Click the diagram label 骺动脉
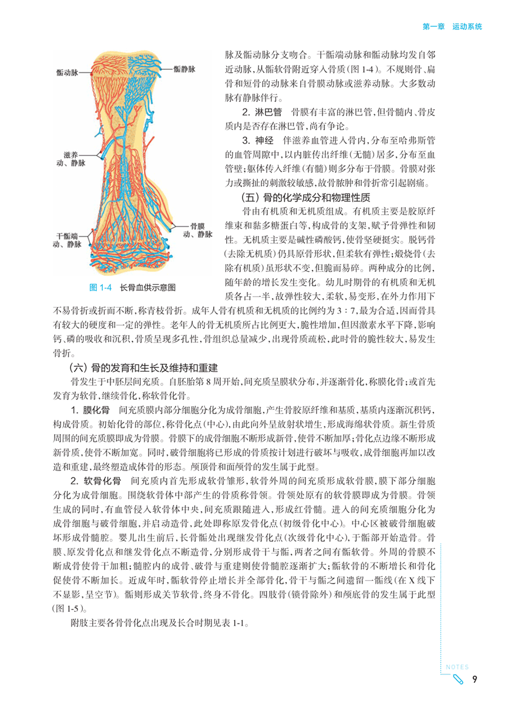click(67, 72)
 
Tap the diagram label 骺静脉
click(186, 69)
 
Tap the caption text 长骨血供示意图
click(147, 287)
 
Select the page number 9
click(473, 679)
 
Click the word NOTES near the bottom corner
click(457, 667)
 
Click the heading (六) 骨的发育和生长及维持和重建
click(143, 368)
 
